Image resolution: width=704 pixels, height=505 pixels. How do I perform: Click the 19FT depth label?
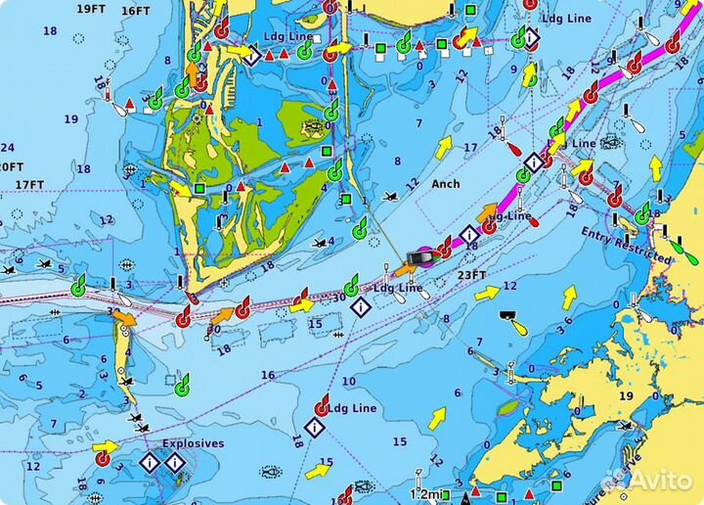pos(90,9)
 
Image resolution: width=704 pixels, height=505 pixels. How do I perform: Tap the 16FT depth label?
pos(136,11)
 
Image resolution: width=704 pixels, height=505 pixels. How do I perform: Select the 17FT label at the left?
pos(29,184)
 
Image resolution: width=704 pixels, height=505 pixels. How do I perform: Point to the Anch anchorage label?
pos(445,183)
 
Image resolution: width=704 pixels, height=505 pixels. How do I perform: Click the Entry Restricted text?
pos(626,246)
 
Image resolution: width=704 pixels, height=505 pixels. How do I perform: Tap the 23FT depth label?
pos(471,275)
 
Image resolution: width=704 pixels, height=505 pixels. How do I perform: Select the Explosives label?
pos(193,443)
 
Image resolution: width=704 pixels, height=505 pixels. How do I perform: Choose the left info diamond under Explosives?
pos(149,462)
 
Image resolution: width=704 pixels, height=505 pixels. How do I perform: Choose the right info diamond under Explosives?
pos(174,462)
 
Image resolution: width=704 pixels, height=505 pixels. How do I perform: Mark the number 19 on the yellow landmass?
pos(626,396)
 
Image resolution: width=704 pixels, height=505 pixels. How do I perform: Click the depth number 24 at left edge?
pos(7,148)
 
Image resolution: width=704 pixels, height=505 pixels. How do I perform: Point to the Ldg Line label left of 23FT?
pos(398,289)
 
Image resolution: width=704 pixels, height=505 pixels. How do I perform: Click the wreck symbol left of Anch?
pos(390,197)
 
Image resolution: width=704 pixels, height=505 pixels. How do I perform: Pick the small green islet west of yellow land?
pos(506,407)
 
